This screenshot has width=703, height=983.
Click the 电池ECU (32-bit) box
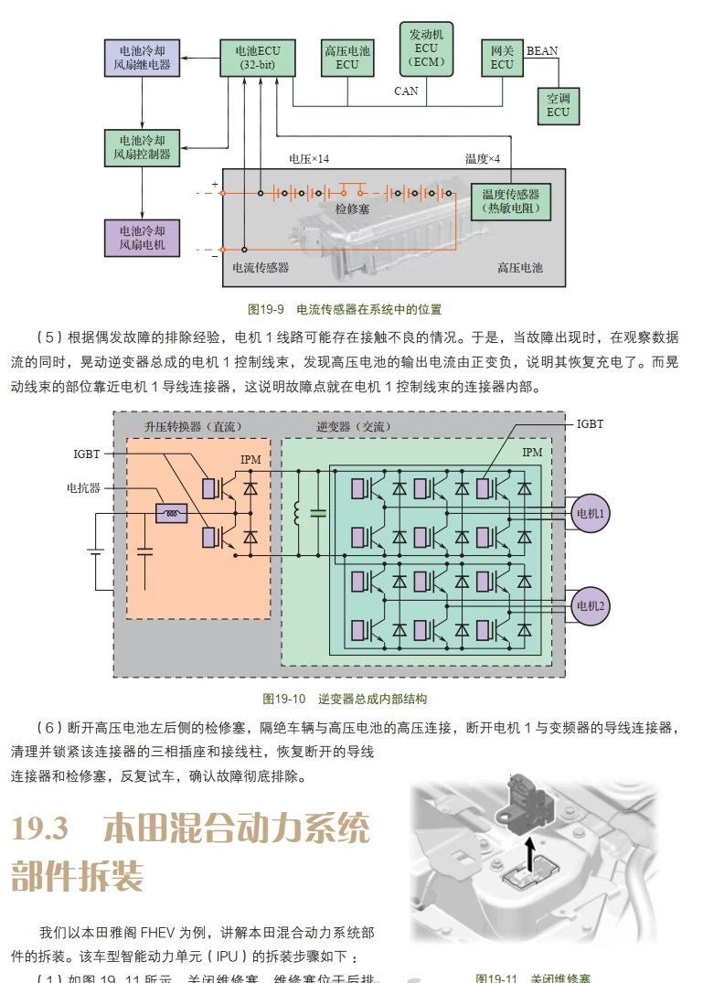pos(258,58)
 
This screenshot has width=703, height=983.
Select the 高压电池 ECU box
pos(346,58)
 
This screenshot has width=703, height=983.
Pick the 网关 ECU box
pos(501,58)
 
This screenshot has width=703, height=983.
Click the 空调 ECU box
pos(558,105)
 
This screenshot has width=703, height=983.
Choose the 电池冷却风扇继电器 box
pos(142,58)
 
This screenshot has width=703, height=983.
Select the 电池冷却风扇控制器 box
pos(142,147)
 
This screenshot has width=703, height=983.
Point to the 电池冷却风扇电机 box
pos(142,238)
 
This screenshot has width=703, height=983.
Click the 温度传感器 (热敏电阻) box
pos(510,201)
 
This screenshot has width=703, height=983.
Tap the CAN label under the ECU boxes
pos(406,91)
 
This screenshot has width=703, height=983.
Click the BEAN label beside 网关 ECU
pos(542,51)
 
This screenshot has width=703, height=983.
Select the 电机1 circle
pos(590,514)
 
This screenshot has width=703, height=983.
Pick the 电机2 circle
pos(590,604)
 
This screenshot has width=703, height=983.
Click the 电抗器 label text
pos(83,487)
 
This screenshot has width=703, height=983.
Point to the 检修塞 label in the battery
pos(352,209)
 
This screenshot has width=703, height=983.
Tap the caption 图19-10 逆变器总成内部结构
pos(345,699)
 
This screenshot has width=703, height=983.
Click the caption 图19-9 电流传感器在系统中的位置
pos(351,310)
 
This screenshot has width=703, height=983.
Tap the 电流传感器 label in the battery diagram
pos(261,268)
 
